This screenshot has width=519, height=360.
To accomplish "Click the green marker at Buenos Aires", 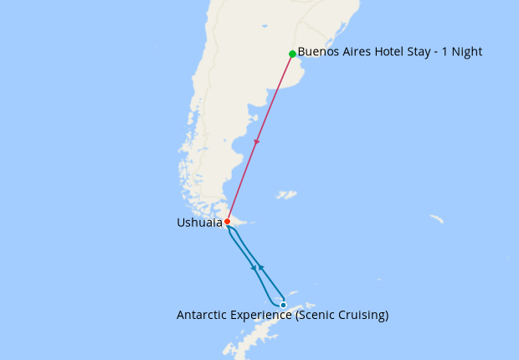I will [292, 54].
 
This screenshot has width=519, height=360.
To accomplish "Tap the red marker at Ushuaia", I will [227, 222].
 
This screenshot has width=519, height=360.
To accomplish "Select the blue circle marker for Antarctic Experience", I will [283, 305].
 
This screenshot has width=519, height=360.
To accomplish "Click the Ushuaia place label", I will [199, 223].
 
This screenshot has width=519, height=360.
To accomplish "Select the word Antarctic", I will [201, 316].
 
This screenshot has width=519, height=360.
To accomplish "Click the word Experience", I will [257, 316].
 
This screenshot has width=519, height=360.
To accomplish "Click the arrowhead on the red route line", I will [257, 141].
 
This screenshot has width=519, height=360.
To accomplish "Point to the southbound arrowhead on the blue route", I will [254, 268].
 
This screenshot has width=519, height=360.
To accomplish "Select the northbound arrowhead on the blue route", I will [261, 267].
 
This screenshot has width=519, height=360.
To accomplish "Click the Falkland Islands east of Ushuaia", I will [287, 195].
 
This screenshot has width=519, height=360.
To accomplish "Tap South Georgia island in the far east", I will [436, 219].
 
